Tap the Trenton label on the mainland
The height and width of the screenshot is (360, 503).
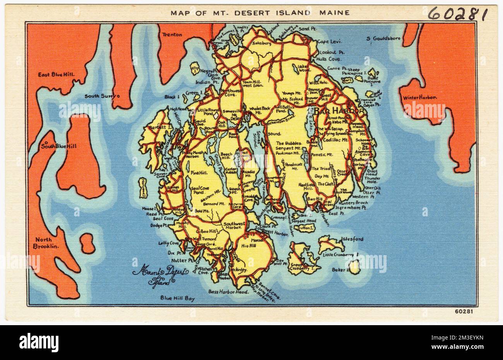click(172, 34)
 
